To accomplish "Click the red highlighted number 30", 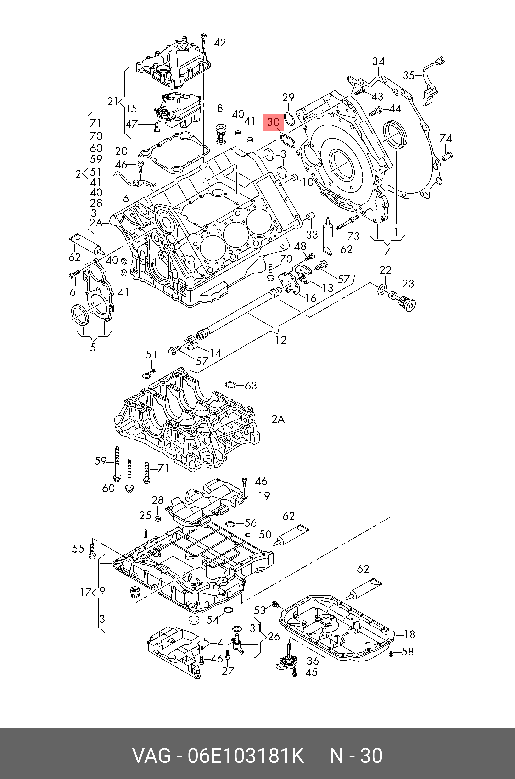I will (273, 123).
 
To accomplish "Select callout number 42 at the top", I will (220, 43).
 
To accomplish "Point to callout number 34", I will (378, 61).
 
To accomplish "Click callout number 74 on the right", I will (446, 139).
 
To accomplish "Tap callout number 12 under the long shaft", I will (281, 340).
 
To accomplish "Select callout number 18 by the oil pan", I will (409, 634).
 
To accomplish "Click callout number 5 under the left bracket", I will (93, 347).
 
